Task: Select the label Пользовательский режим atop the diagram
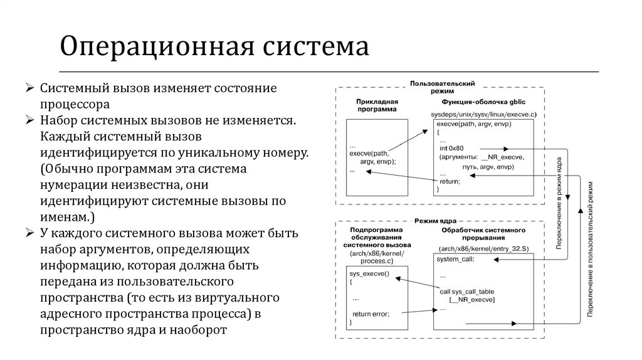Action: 442,87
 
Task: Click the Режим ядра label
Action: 435,221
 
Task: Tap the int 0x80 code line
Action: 453,147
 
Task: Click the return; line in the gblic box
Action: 450,181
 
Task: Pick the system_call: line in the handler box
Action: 456,258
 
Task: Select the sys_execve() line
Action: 368,274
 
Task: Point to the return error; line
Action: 371,313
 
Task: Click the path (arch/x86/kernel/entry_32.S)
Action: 484,249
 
